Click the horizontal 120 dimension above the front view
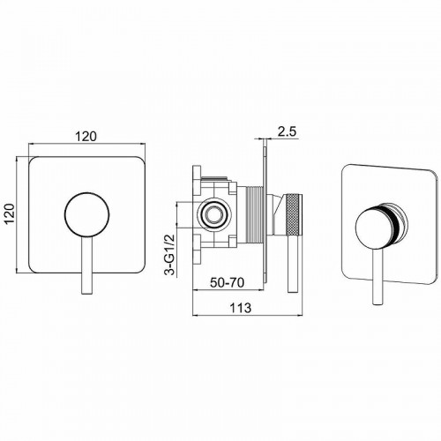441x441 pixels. (x=86, y=137)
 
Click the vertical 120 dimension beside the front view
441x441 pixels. (x=11, y=213)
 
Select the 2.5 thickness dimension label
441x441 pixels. (x=287, y=131)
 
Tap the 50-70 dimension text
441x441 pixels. (x=227, y=282)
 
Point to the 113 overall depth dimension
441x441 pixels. (x=241, y=308)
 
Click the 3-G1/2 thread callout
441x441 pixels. (x=170, y=255)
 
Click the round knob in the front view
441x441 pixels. (x=86, y=214)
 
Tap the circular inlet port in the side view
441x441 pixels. (x=214, y=215)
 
